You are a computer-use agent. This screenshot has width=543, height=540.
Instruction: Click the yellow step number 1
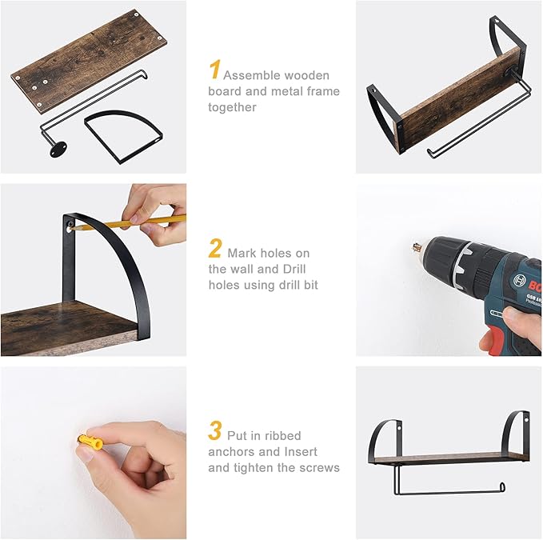tap(214, 70)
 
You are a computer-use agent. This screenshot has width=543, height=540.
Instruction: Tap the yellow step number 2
tap(215, 248)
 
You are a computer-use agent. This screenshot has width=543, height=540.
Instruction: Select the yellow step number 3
tap(215, 430)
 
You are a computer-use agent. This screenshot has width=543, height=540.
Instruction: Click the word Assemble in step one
tap(252, 75)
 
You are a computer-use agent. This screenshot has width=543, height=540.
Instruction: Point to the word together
tap(232, 107)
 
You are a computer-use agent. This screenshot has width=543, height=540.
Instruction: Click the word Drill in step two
tap(294, 269)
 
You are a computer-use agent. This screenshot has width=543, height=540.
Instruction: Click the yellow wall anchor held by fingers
tap(90, 442)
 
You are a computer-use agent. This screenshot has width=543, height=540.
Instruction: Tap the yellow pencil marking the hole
tap(129, 222)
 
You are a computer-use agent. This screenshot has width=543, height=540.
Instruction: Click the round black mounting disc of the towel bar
tap(57, 150)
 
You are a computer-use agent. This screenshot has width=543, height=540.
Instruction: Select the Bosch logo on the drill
tap(520, 280)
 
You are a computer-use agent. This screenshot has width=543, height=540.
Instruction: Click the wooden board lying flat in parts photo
tap(89, 62)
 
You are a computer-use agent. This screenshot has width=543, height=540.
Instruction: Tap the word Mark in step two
tap(242, 254)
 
